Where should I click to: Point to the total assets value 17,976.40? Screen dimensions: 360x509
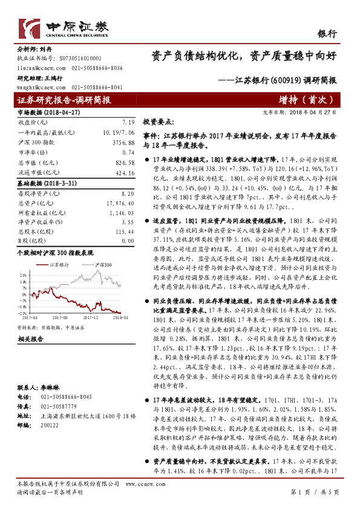coord(120,203)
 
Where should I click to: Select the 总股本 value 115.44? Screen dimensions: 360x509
coord(123,231)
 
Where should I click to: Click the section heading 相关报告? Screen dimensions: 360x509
coord(28,339)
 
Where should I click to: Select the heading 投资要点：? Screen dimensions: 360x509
coord(157,122)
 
